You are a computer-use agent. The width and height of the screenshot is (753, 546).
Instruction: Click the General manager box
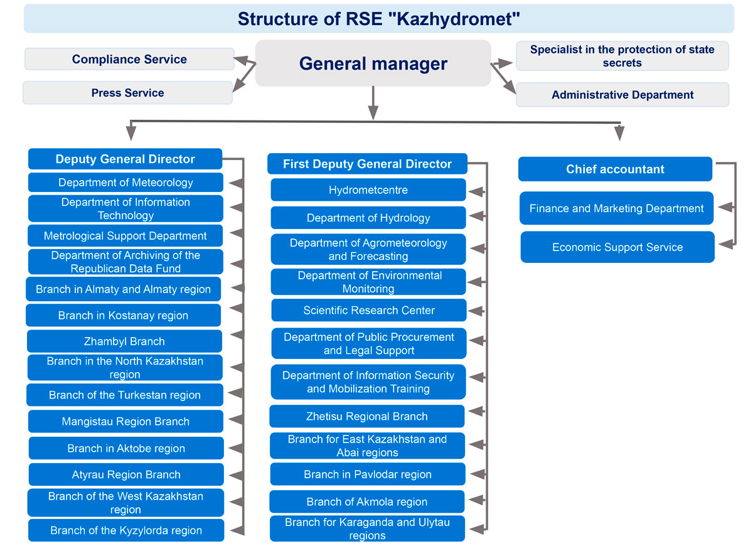(373, 63)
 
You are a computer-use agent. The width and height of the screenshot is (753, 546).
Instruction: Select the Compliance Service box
(129, 59)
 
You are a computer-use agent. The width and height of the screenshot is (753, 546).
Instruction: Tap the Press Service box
(128, 93)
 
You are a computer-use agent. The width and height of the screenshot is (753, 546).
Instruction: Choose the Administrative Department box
(622, 95)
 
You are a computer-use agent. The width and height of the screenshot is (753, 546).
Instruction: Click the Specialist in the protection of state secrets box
(622, 56)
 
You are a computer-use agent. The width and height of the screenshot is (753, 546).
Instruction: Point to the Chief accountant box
(615, 169)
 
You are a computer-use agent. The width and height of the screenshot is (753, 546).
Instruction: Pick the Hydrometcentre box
(368, 190)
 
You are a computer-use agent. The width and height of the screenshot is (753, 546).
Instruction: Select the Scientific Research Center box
(369, 310)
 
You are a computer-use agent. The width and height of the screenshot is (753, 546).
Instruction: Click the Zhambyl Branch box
(124, 341)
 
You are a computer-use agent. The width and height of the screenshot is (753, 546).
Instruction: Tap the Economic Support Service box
(617, 247)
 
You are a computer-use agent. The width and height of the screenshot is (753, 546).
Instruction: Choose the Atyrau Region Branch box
(126, 474)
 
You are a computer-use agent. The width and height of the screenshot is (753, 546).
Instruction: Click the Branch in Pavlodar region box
(368, 474)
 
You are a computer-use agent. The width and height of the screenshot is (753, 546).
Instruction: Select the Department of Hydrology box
(368, 218)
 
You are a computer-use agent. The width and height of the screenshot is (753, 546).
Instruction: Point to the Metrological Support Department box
(125, 236)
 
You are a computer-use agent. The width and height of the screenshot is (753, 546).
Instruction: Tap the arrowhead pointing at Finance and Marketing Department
(725, 207)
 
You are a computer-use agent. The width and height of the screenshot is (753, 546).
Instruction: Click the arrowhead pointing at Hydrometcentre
(476, 191)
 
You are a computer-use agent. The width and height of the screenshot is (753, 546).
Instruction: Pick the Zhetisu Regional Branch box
(367, 416)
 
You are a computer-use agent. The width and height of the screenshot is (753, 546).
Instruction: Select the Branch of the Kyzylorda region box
(126, 530)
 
